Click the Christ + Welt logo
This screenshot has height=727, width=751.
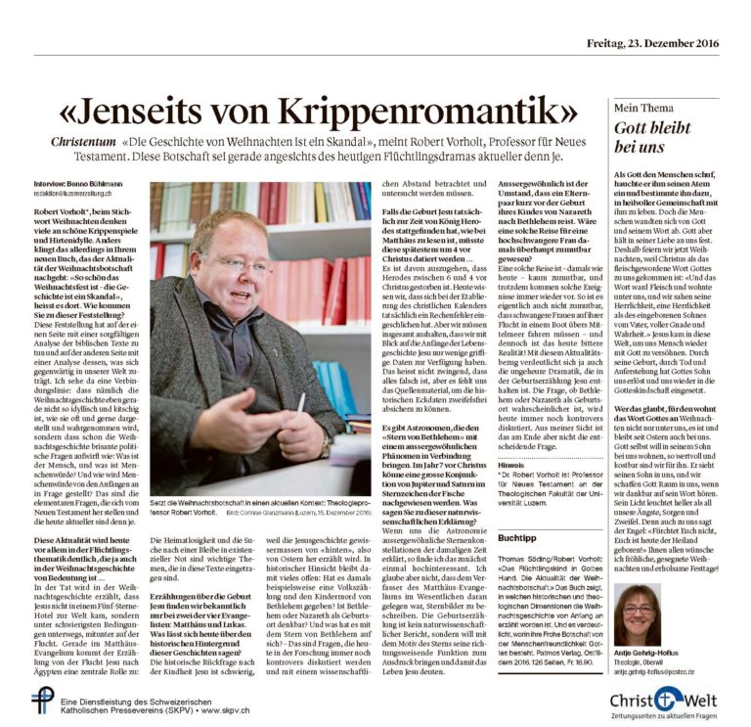point(662,699)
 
